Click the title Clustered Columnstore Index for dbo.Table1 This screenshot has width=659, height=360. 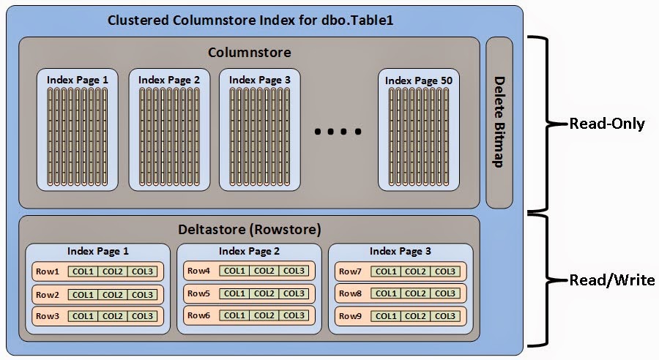click(x=250, y=20)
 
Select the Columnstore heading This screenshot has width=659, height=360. click(x=249, y=53)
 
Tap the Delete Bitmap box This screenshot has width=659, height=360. click(x=499, y=122)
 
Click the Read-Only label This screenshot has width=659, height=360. click(x=607, y=124)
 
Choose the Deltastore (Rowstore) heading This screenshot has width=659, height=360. click(x=250, y=230)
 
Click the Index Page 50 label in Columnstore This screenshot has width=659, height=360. click(x=420, y=80)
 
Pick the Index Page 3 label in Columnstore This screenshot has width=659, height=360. click(x=259, y=80)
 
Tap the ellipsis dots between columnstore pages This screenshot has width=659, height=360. click(x=338, y=132)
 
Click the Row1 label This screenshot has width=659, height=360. click(x=47, y=271)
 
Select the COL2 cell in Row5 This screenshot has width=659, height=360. click(x=264, y=293)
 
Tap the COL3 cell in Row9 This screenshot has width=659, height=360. click(x=445, y=315)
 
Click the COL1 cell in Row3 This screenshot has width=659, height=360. click(x=83, y=315)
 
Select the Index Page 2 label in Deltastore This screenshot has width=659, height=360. click(x=249, y=251)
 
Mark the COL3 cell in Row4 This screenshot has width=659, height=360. click(x=294, y=271)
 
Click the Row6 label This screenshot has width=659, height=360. click(x=199, y=315)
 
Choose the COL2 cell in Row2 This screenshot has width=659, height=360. click(x=113, y=293)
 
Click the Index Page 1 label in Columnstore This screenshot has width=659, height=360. click(x=77, y=80)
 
